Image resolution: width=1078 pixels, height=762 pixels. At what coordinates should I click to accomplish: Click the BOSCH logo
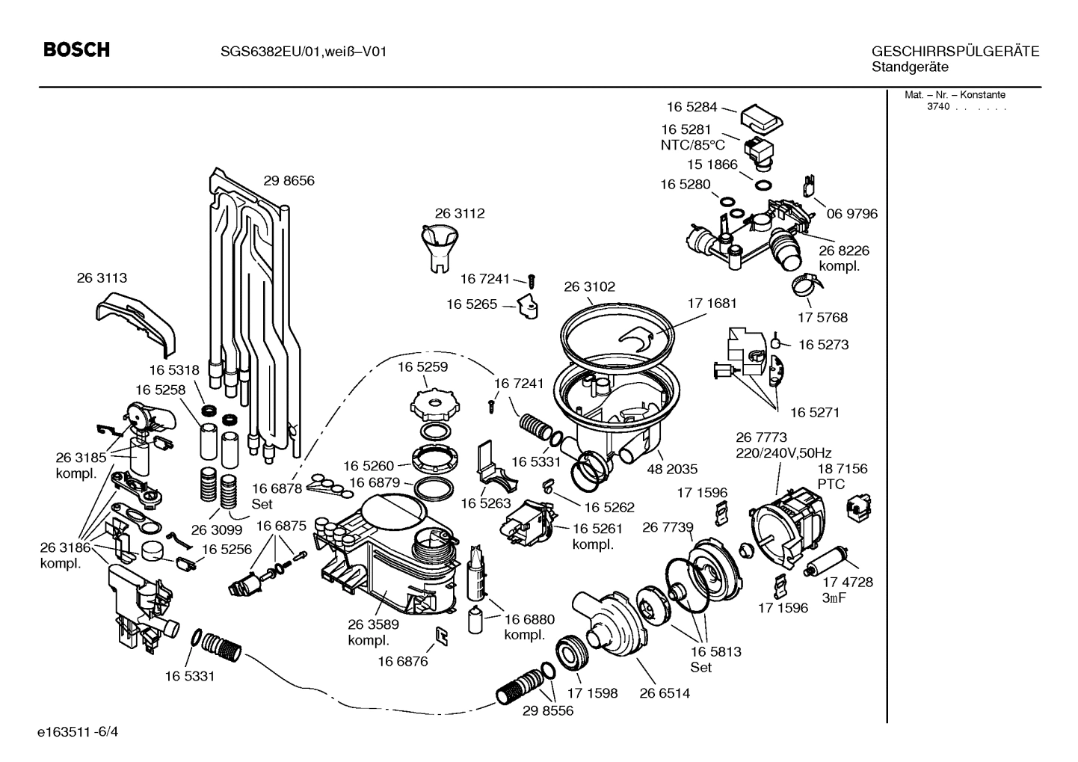click(76, 50)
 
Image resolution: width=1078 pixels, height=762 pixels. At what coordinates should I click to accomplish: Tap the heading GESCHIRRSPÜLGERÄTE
click(955, 52)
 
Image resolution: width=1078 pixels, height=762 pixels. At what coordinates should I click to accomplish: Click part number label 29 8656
click(289, 180)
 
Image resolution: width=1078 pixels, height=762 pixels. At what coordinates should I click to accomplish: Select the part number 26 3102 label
click(589, 286)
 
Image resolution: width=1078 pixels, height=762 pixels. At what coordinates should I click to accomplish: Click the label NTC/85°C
click(692, 145)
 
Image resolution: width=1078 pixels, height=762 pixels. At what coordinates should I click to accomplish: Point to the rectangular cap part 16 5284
click(761, 117)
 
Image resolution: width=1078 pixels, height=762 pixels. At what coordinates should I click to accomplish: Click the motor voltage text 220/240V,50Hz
click(783, 453)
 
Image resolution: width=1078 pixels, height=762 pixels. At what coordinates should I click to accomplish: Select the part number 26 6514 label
click(664, 693)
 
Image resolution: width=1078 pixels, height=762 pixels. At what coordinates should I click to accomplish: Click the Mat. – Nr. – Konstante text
click(955, 95)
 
